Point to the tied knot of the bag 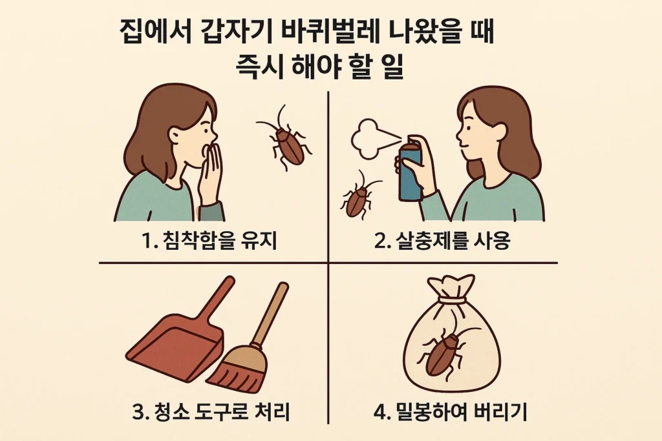(x=452, y=299)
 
